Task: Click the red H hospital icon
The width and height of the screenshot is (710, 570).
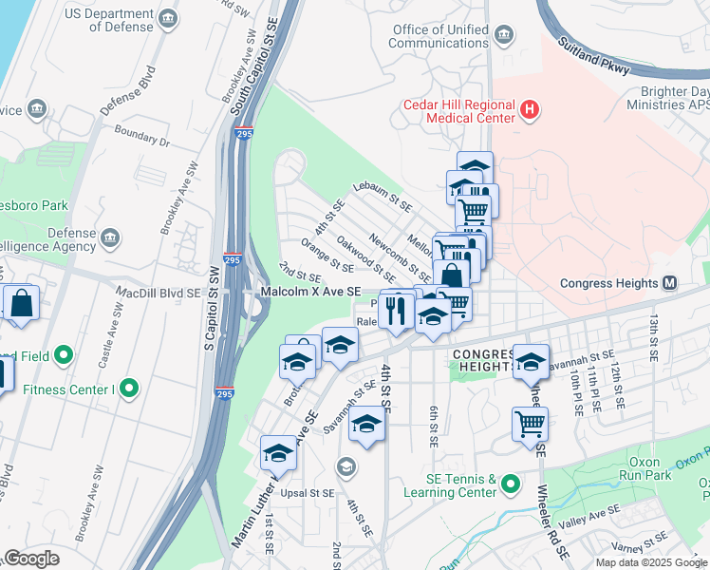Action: pyautogui.click(x=530, y=112)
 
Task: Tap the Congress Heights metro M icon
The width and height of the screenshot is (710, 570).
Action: pyautogui.click(x=670, y=283)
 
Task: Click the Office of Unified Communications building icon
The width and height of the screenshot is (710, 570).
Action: pyautogui.click(x=502, y=37)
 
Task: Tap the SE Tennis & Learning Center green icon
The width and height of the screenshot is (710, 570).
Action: pyautogui.click(x=512, y=485)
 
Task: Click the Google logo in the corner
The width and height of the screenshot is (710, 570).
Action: pyautogui.click(x=32, y=559)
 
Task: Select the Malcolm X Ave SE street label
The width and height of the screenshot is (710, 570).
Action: pyautogui.click(x=311, y=293)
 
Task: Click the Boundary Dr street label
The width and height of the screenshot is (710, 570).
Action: pyautogui.click(x=142, y=139)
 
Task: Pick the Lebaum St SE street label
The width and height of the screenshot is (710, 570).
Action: pyautogui.click(x=383, y=197)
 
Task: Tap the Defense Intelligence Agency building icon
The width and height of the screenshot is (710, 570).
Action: pyautogui.click(x=112, y=236)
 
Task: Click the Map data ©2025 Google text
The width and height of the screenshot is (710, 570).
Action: pyautogui.click(x=650, y=561)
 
